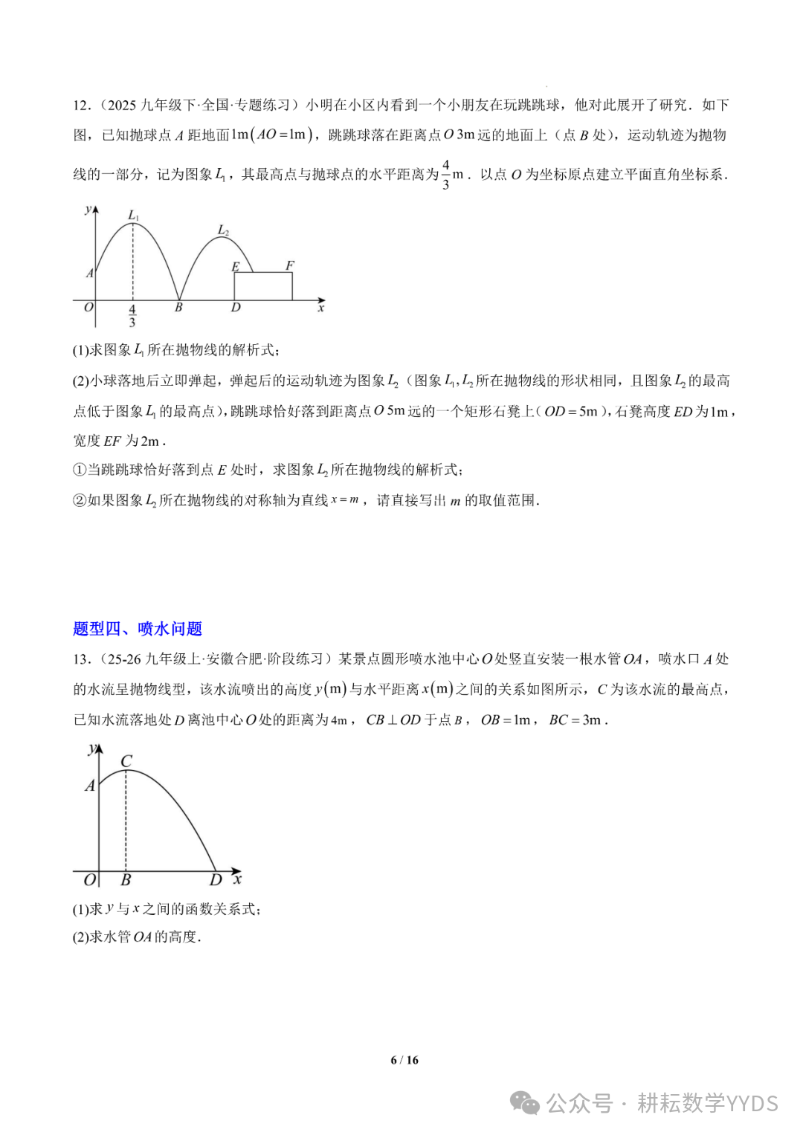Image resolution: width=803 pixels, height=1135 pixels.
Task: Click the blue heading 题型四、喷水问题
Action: point(138,629)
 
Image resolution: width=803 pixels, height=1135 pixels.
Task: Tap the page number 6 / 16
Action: point(404,1060)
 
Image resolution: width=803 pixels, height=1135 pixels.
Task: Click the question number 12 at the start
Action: point(80,105)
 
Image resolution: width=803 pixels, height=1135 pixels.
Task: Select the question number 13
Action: point(80,659)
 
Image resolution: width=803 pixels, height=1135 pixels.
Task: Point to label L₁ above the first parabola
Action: point(134,216)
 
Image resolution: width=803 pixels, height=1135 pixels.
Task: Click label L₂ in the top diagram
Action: point(223,230)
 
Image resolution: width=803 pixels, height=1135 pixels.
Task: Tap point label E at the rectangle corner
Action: point(236,267)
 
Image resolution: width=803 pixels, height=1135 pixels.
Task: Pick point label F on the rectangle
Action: point(290,265)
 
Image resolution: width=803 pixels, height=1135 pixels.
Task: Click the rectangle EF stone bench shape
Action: point(263,287)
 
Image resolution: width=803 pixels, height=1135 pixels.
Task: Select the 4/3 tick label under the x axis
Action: point(132,316)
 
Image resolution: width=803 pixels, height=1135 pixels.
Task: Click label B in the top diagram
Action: point(178,307)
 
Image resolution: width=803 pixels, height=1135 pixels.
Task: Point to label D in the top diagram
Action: point(236,307)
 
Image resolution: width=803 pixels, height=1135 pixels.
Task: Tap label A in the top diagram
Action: point(90,273)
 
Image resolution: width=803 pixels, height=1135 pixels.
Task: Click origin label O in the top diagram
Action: point(88,307)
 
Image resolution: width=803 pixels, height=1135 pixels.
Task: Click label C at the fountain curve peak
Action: point(126,761)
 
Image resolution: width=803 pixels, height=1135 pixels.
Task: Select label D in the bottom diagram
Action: point(216,880)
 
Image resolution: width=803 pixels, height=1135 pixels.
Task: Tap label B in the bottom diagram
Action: point(126,880)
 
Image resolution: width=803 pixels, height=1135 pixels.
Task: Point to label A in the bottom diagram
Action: point(90,786)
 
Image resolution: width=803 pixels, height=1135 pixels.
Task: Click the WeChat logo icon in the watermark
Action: point(526,1103)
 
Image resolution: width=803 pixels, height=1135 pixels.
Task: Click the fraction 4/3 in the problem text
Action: point(445,174)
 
